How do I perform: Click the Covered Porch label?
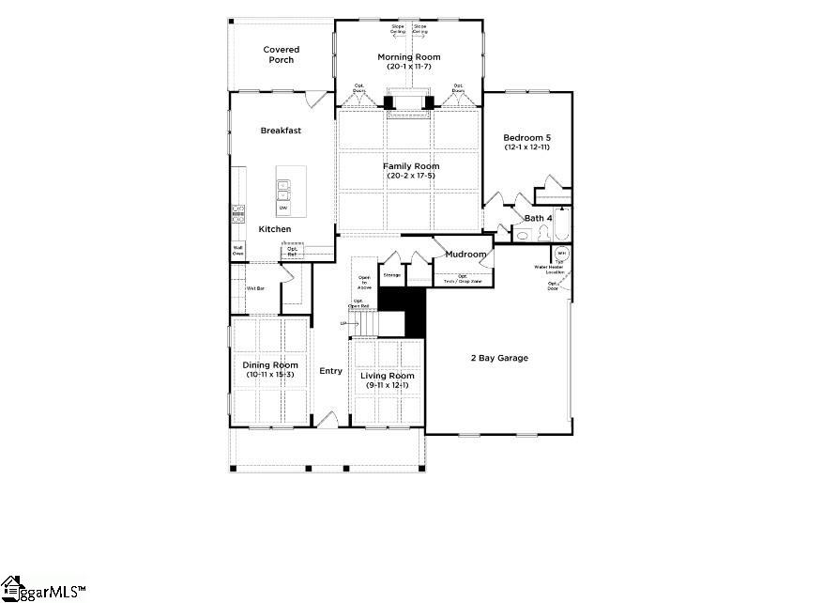[281, 54]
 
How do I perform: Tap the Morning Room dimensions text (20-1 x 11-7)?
[408, 67]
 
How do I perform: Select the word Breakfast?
[281, 131]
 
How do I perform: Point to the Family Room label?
[410, 166]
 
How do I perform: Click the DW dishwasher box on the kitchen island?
[282, 208]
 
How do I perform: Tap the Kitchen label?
[275, 229]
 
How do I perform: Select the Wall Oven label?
[238, 251]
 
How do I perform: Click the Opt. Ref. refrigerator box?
[292, 251]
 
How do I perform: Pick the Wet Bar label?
[254, 287]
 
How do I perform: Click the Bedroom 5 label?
[526, 137]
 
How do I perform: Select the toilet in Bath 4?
[542, 236]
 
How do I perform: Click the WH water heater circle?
[561, 254]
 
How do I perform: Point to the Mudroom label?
[465, 255]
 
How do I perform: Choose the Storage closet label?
[392, 275]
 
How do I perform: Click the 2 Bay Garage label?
[499, 358]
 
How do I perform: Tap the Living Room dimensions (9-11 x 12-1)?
[388, 386]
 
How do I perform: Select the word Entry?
[330, 371]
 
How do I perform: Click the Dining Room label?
[270, 364]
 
